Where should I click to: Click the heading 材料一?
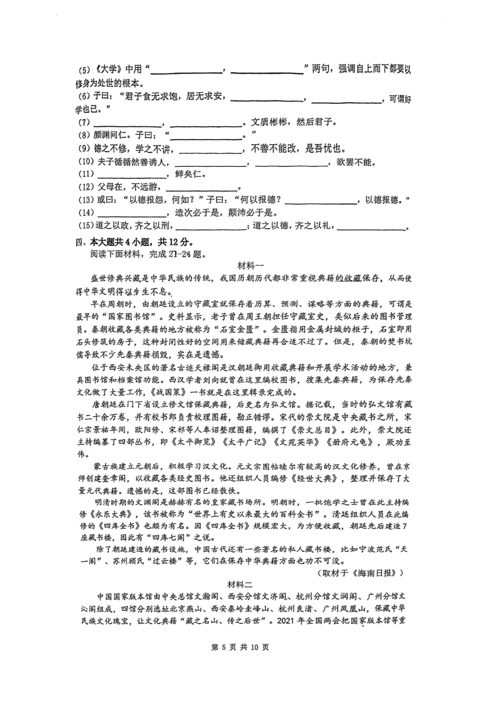[x=250, y=266]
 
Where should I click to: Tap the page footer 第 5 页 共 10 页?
[x=239, y=647]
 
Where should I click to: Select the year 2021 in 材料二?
[x=286, y=621]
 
